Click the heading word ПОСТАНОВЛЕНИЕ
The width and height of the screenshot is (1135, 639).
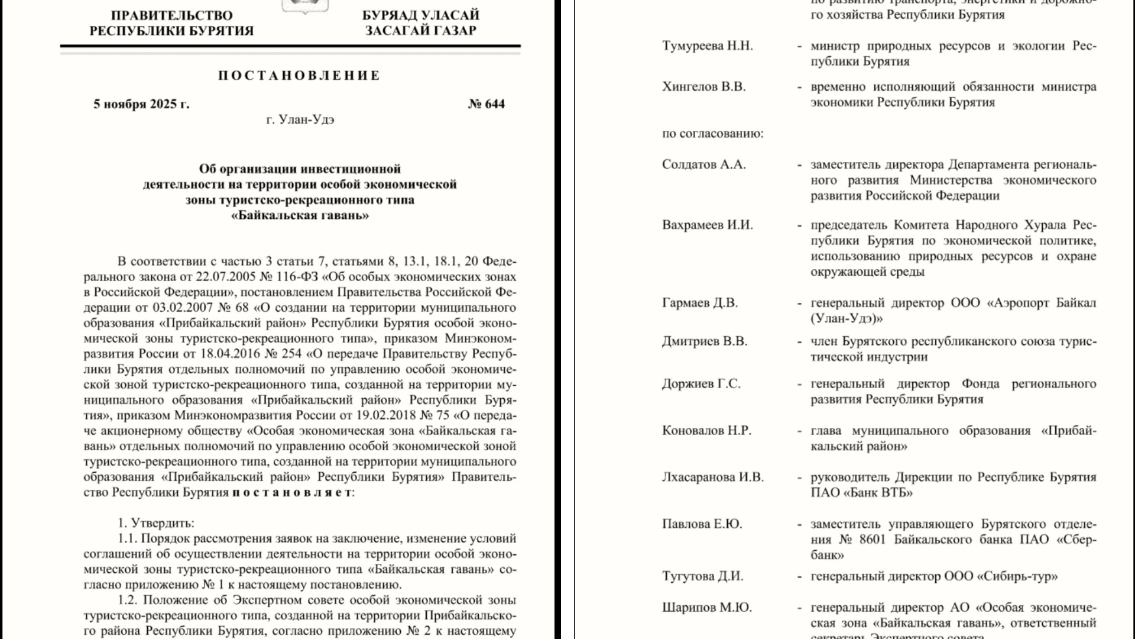pyautogui.click(x=299, y=76)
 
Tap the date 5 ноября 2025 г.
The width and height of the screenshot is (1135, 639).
pyautogui.click(x=141, y=104)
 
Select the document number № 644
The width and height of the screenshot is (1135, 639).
pyautogui.click(x=486, y=104)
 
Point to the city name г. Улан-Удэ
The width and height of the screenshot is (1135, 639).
pyautogui.click(x=300, y=120)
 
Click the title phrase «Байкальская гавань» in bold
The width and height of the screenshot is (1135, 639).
pyautogui.click(x=300, y=215)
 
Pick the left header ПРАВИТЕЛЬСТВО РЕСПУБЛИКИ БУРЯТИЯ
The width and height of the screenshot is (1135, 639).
pyautogui.click(x=171, y=23)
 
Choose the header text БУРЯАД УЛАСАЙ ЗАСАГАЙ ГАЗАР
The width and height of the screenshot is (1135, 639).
pyautogui.click(x=420, y=23)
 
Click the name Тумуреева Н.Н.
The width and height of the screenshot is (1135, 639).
pyautogui.click(x=707, y=46)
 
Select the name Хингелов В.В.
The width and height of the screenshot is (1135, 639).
pyautogui.click(x=703, y=87)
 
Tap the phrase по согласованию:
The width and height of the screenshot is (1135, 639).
pyautogui.click(x=712, y=133)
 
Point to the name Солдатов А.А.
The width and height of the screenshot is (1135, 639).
pyautogui.click(x=703, y=164)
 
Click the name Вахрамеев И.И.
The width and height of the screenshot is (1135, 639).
pyautogui.click(x=707, y=225)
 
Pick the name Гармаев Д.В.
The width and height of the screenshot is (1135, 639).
pyautogui.click(x=699, y=303)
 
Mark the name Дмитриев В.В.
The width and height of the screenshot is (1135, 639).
pyautogui.click(x=704, y=341)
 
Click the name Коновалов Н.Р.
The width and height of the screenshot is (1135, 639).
pyautogui.click(x=706, y=431)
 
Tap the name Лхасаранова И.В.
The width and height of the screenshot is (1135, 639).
pyautogui.click(x=712, y=477)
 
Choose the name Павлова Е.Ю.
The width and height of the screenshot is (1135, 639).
pyautogui.click(x=702, y=524)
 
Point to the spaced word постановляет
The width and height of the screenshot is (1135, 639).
pyautogui.click(x=292, y=492)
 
